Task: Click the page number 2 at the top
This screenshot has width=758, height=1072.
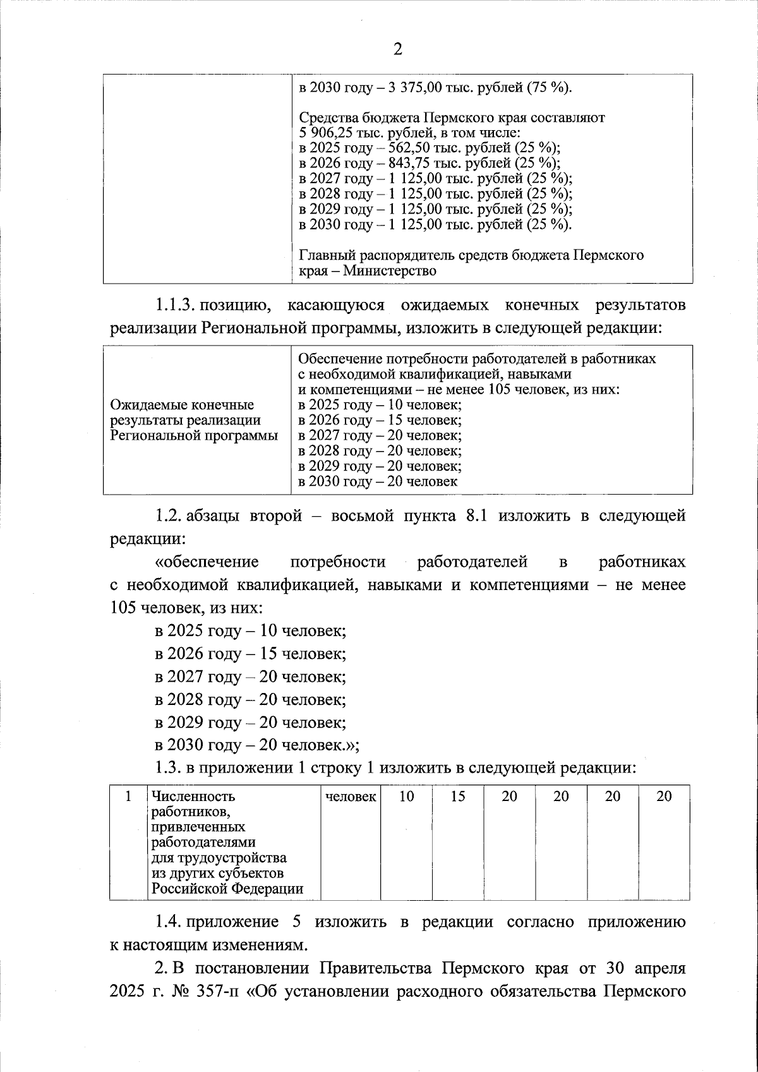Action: [397, 50]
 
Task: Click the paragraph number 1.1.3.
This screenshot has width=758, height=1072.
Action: [174, 306]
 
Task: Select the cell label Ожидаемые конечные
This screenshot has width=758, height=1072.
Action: [182, 405]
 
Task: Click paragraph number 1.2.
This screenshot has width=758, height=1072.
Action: [168, 516]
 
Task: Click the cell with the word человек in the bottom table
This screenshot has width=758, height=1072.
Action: [351, 797]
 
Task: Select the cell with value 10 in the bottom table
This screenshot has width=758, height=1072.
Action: [407, 797]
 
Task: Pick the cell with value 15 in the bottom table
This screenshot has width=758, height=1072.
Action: [458, 797]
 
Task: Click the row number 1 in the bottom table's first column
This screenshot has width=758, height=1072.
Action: [128, 797]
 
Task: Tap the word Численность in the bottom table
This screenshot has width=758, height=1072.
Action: [189, 797]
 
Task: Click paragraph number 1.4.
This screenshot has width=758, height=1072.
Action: [168, 922]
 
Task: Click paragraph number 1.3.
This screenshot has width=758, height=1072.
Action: [168, 768]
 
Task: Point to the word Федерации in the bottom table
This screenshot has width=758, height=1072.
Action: [267, 889]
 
